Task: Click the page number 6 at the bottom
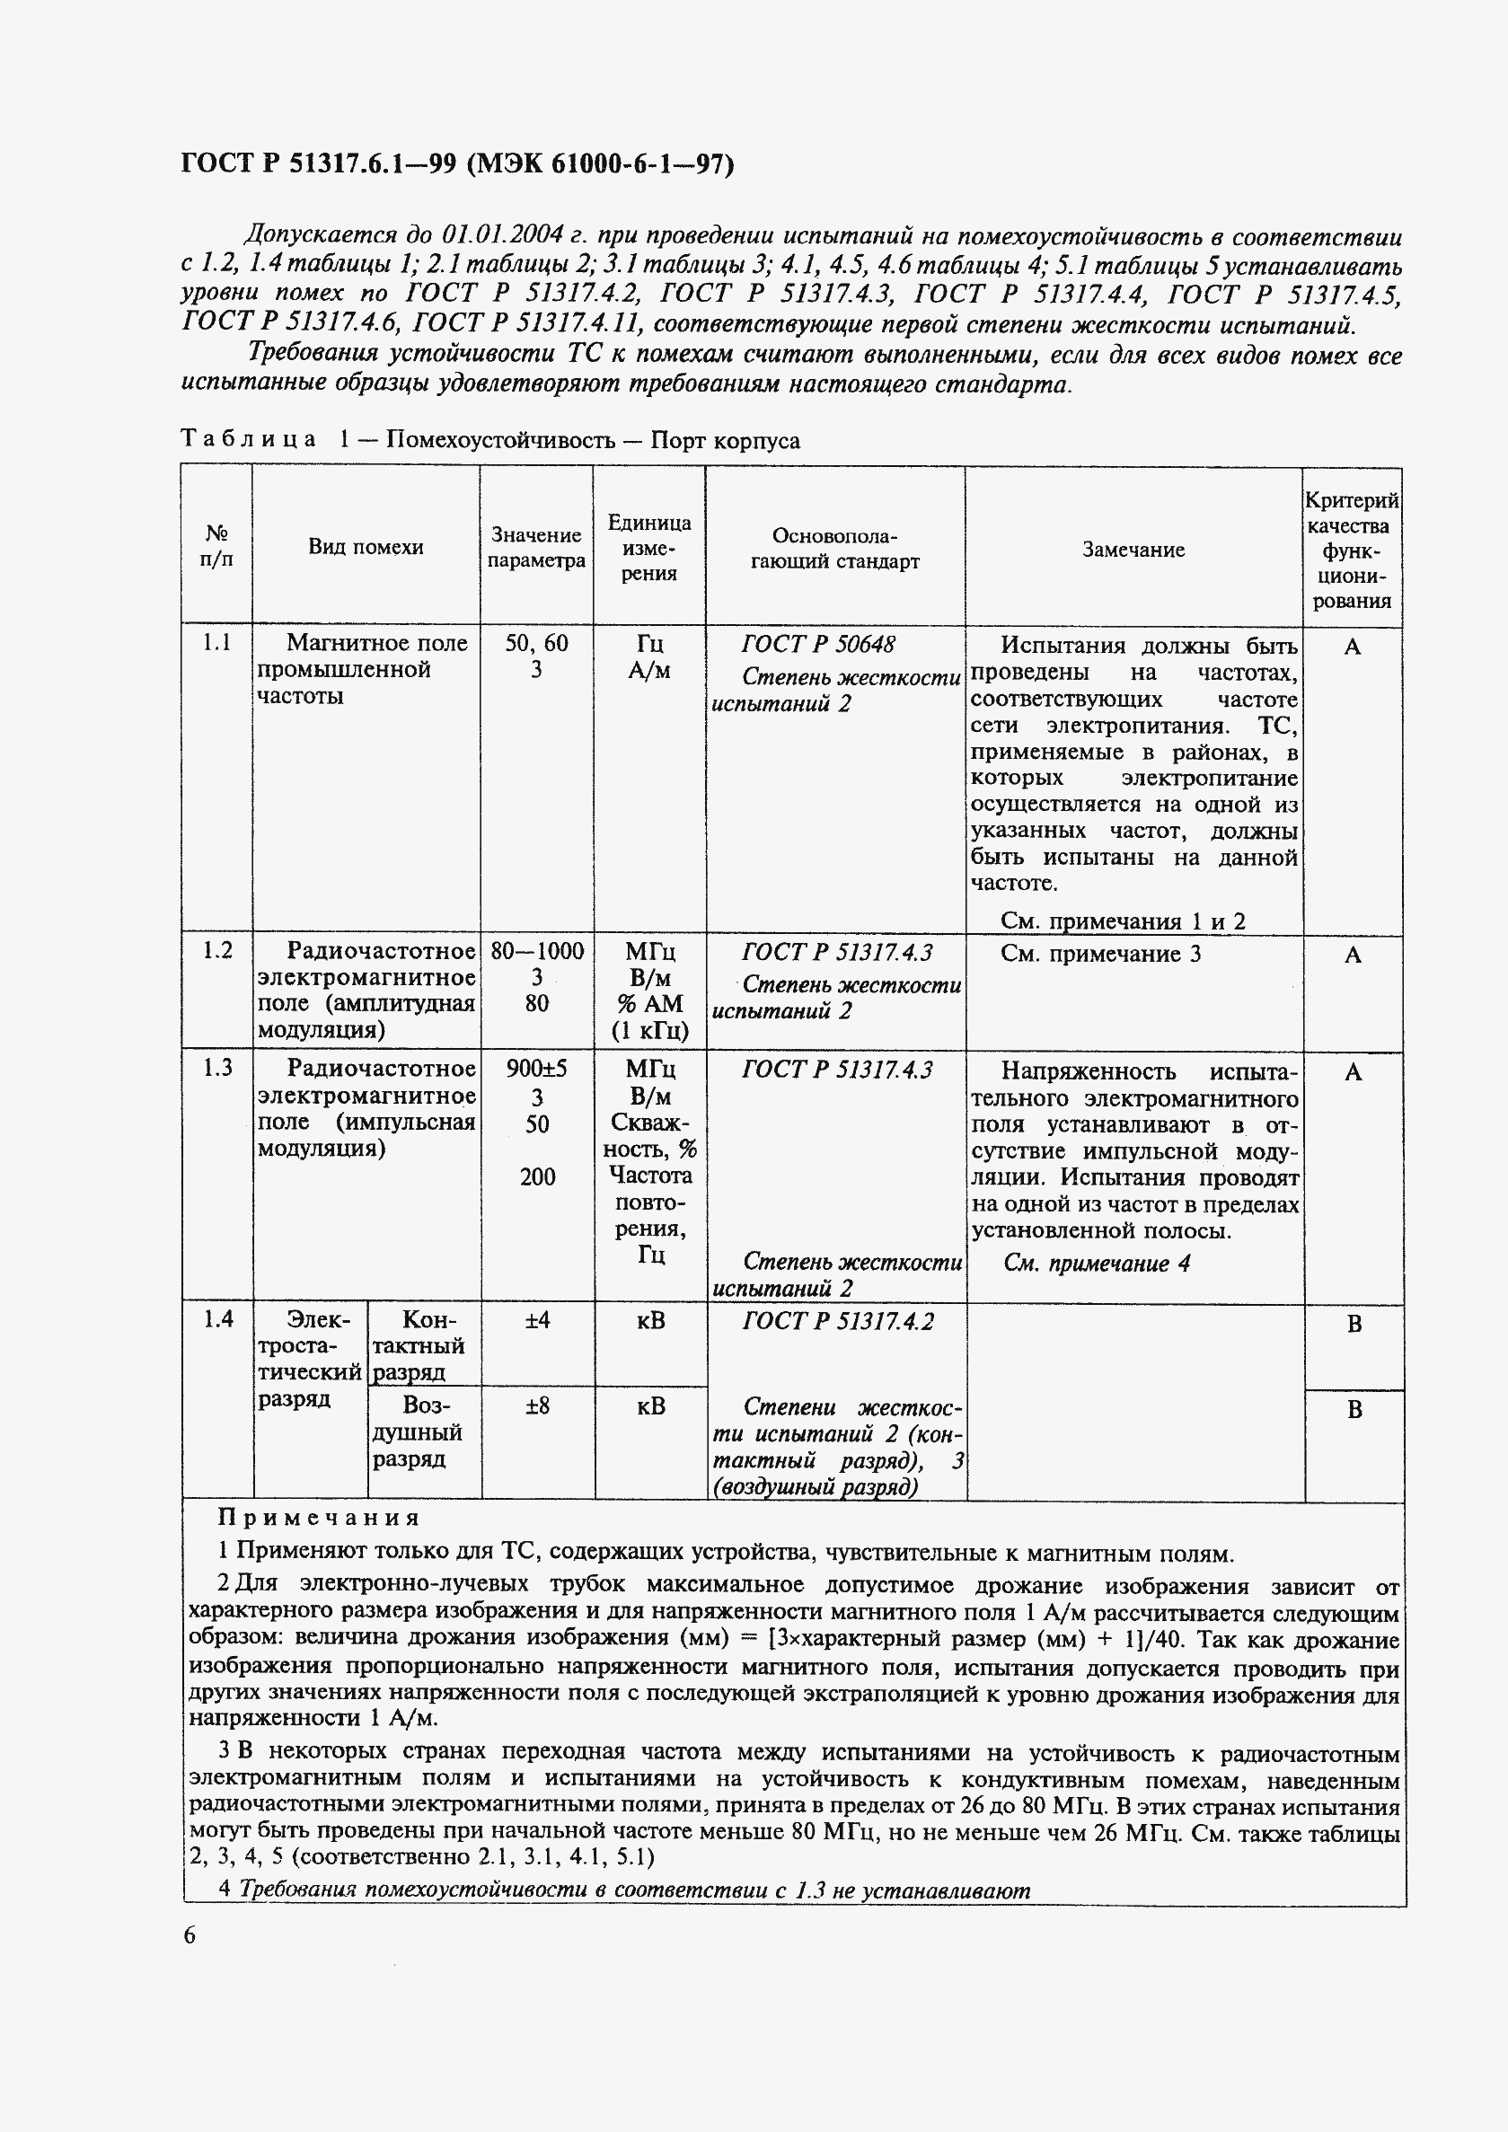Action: tap(190, 1935)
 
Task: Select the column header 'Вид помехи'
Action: tap(366, 547)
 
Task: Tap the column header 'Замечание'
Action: tap(1133, 550)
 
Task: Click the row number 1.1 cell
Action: tap(217, 643)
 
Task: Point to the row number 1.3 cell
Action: tap(217, 1068)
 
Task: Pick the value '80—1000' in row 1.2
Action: tap(537, 951)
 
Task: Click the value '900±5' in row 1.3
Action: tap(537, 1069)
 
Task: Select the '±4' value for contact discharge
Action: tap(537, 1319)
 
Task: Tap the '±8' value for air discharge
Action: tap(537, 1405)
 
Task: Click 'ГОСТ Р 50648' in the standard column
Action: tap(818, 645)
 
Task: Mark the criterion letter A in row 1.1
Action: tap(1352, 648)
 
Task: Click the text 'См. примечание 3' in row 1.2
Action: tap(1100, 954)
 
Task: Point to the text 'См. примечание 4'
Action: tap(1097, 1263)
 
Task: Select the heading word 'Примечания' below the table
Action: tap(319, 1519)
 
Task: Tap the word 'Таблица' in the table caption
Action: tap(248, 439)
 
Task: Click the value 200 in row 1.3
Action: tap(537, 1177)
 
